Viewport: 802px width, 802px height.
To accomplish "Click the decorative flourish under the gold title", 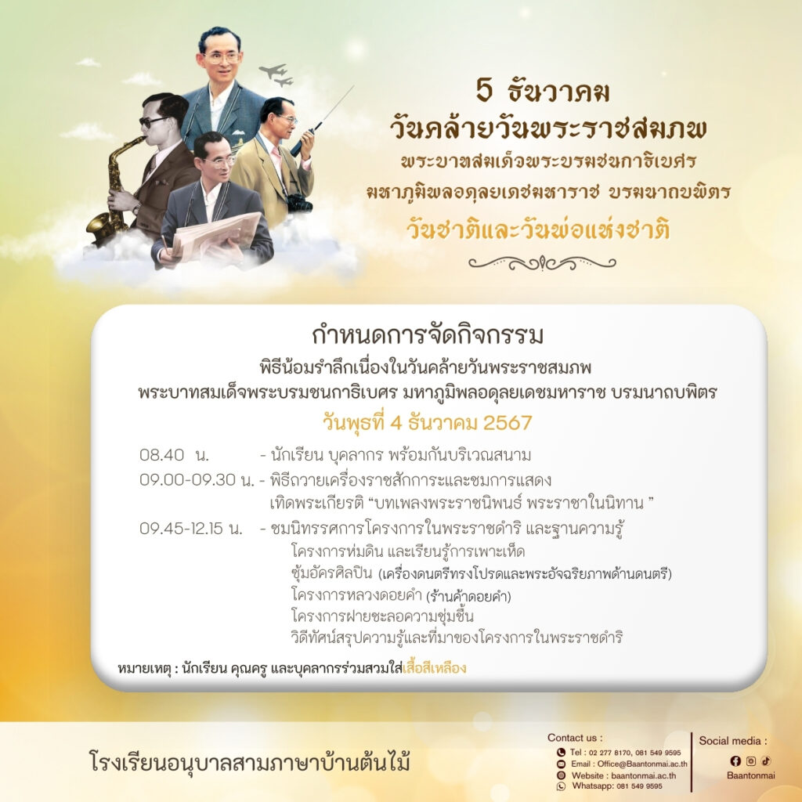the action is coord(542,263).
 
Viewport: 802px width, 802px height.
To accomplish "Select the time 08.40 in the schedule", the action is coord(161,455).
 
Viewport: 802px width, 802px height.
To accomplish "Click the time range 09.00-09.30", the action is coord(187,480).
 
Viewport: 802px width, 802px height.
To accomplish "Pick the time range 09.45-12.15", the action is coord(181,529).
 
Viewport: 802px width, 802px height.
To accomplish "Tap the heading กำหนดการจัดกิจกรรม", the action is coord(428,335).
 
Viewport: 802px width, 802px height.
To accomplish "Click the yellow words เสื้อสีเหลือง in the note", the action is coord(434,668).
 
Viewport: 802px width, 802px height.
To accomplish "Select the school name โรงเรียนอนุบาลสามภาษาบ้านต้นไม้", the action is coord(250,761).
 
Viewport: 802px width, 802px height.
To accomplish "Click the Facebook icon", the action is coord(735,761).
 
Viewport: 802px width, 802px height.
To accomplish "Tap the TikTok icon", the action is coord(766,761).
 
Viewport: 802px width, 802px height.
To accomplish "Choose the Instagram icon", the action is coord(751,761).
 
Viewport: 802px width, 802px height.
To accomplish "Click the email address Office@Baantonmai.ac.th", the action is coord(642,764).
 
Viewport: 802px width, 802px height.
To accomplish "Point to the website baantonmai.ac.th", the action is coord(644,775).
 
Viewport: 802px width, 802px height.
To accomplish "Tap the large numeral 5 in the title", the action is coord(484,91).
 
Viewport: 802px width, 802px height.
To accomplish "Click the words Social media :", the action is coord(733,741).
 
